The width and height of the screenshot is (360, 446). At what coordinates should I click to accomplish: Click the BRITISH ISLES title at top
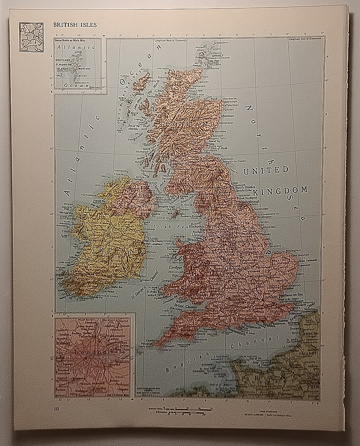click(75, 25)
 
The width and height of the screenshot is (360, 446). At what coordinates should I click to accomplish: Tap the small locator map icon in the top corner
click(31, 37)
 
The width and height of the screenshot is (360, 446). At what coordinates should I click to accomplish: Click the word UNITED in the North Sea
click(266, 171)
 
